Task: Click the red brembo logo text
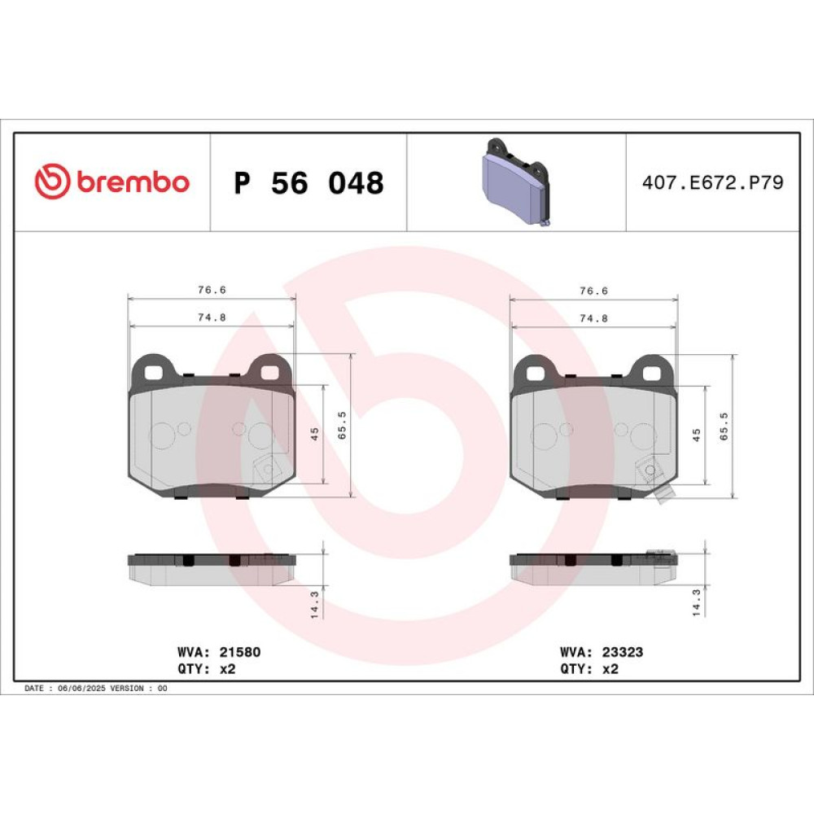(133, 182)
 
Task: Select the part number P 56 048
(309, 182)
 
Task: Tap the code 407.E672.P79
(712, 182)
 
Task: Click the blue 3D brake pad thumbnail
(515, 182)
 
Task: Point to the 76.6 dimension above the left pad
(212, 290)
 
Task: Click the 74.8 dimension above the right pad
(594, 318)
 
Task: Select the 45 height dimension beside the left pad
(314, 434)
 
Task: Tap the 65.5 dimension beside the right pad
(724, 427)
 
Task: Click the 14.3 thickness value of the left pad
(314, 605)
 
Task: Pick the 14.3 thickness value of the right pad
(696, 602)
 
